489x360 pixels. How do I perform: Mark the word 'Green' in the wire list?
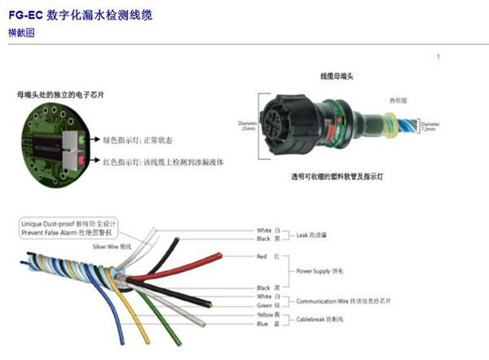[x=263, y=305]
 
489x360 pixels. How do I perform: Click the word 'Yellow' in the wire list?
[x=263, y=314]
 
